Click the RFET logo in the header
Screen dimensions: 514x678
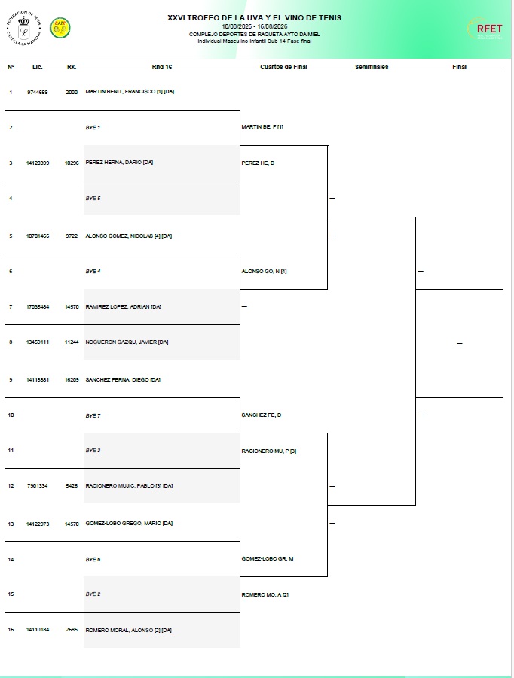point(485,29)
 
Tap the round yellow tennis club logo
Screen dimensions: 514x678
point(60,28)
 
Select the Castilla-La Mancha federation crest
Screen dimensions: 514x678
point(24,29)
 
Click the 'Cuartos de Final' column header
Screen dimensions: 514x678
point(283,67)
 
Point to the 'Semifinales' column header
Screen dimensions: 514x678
point(372,67)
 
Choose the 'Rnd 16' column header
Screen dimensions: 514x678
point(162,67)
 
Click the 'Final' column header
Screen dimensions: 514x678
point(460,67)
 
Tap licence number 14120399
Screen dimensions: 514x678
point(38,163)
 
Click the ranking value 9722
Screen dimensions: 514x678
point(72,236)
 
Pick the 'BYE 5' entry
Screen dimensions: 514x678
point(93,199)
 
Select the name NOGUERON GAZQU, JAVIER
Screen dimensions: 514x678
point(121,342)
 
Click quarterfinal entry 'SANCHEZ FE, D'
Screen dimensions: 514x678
point(261,415)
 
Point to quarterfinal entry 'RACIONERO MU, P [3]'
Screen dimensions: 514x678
point(269,451)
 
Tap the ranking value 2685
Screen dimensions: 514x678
point(72,630)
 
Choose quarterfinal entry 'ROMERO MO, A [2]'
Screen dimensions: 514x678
point(265,595)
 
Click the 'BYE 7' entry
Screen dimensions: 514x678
point(93,416)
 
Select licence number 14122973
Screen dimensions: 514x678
point(38,524)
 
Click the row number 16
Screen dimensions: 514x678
point(11,630)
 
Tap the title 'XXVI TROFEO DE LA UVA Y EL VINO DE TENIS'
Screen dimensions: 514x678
point(255,18)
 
